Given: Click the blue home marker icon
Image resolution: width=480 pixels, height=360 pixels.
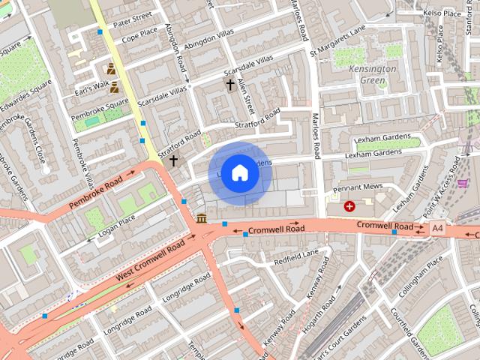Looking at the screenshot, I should tap(239, 173).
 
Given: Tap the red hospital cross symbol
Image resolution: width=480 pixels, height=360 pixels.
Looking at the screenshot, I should tap(349, 205).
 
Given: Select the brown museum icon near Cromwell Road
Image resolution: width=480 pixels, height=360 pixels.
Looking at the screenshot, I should tap(202, 217).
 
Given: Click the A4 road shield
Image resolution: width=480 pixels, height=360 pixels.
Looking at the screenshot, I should tap(438, 228).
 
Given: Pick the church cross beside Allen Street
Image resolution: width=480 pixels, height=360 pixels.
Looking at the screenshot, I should tap(229, 85).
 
